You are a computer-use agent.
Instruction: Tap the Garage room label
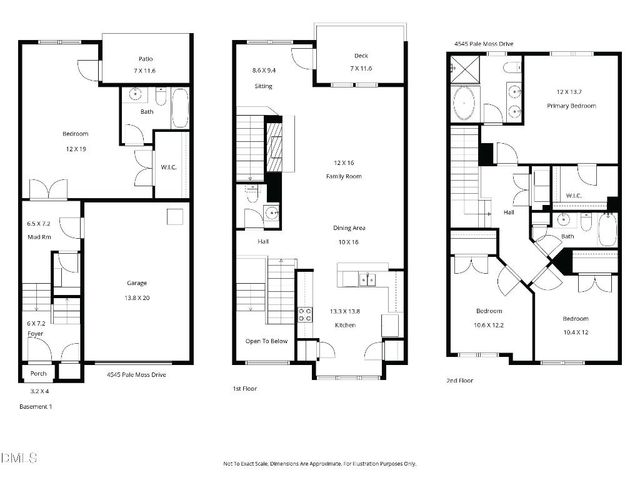pos(138,283)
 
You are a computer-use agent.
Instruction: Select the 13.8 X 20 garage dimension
pos(138,297)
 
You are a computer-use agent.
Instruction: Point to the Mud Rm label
pos(39,237)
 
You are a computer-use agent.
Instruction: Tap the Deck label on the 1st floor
pos(361,55)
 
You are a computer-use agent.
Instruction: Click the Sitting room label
pos(263,86)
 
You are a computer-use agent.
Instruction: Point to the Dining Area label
pos(349,228)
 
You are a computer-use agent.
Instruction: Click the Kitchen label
pos(345,326)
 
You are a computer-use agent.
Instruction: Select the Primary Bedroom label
pos(576,105)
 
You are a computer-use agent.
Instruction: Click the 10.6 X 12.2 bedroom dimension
pos(489,324)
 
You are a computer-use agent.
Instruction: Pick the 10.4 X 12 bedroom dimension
pos(575,331)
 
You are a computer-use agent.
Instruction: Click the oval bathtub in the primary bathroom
pos(466,103)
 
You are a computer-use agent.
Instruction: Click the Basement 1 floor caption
pos(36,407)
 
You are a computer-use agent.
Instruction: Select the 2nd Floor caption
pos(460,381)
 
